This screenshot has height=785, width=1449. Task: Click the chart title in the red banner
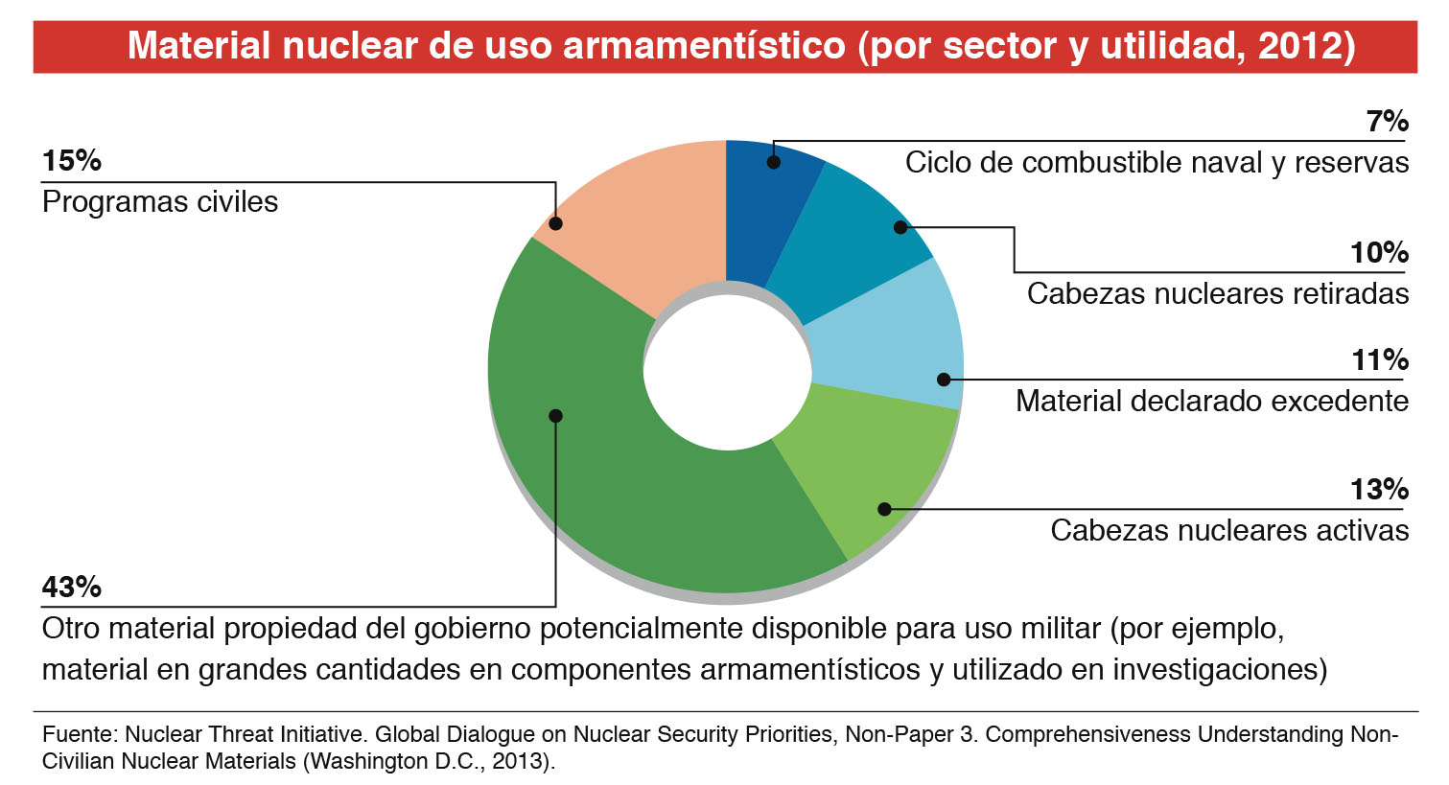[x=740, y=46]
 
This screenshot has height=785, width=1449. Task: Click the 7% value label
[x=1387, y=122]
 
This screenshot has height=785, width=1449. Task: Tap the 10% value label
[x=1379, y=253]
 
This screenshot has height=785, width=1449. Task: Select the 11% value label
[x=1380, y=360]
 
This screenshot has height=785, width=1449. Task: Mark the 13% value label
[x=1379, y=490]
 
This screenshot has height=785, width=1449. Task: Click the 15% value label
[x=72, y=161]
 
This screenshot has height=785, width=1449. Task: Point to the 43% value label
[x=72, y=587]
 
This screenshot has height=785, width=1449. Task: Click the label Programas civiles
[x=160, y=202]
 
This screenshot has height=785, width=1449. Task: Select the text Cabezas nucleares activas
[x=1229, y=530]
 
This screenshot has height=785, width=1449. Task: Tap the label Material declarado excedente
[x=1212, y=401]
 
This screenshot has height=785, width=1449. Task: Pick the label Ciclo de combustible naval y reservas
[x=1157, y=163]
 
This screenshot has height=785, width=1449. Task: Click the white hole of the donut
[x=726, y=372]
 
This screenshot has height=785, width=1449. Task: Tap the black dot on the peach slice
[x=555, y=223]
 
